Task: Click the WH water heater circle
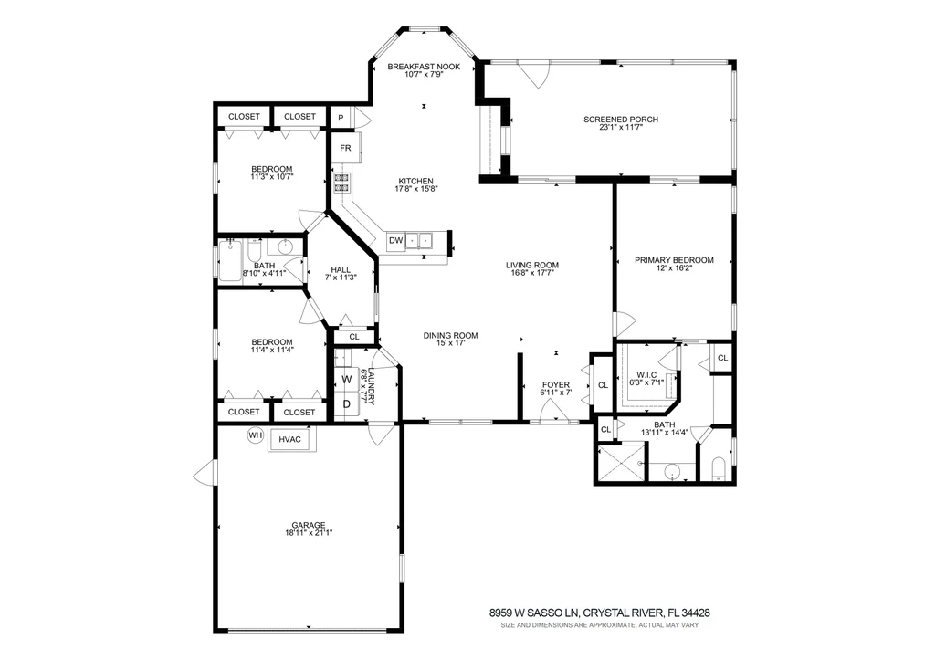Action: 256,435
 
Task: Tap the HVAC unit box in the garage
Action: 291,439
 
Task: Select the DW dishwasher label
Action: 396,241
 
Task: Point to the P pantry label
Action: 341,118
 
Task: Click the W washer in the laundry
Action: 346,379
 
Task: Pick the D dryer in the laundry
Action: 346,404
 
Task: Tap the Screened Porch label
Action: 621,120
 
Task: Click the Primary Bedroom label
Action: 674,260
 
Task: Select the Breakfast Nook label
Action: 424,67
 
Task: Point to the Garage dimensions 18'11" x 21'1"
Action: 309,533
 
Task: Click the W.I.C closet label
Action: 646,375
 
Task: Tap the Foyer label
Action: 556,384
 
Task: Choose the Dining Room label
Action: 451,336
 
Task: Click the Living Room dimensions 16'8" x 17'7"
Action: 532,273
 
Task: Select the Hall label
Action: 341,269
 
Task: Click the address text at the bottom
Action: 599,613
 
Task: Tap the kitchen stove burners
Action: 341,183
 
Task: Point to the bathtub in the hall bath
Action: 229,260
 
